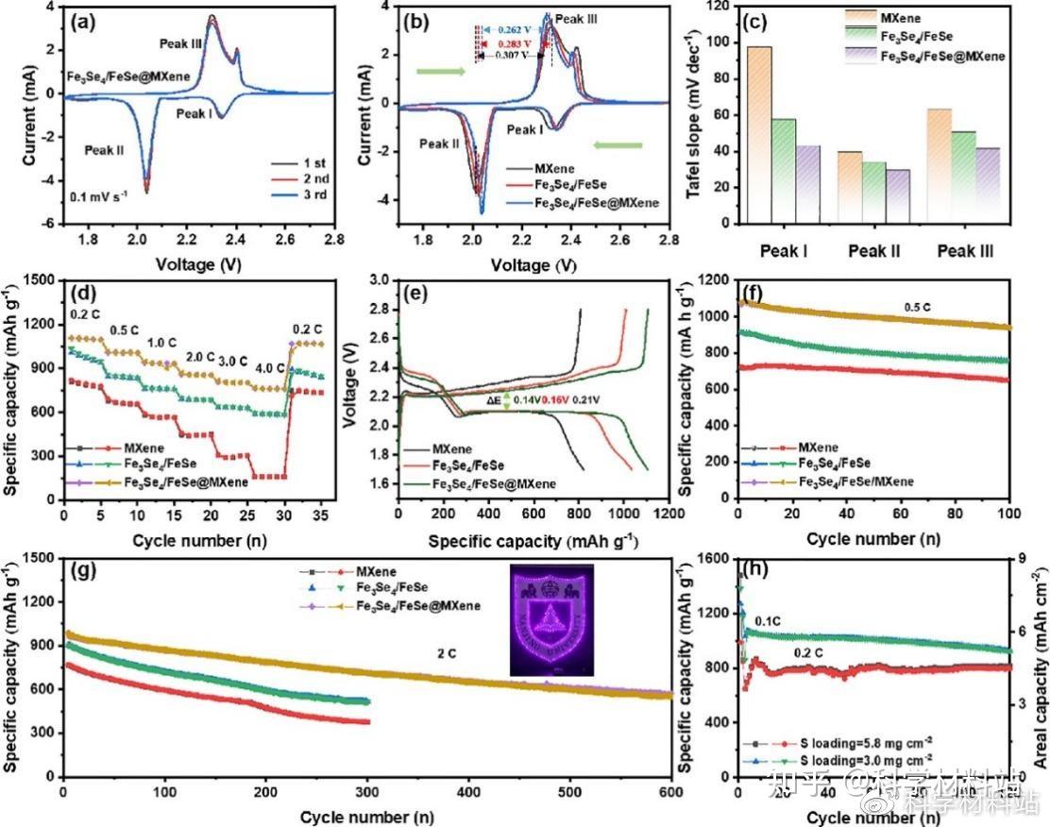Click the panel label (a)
point(89,22)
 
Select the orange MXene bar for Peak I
point(758,132)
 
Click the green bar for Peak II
point(874,190)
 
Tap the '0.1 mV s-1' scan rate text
point(101,198)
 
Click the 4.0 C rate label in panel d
point(272,370)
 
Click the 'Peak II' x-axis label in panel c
point(874,252)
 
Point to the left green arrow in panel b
point(441,70)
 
